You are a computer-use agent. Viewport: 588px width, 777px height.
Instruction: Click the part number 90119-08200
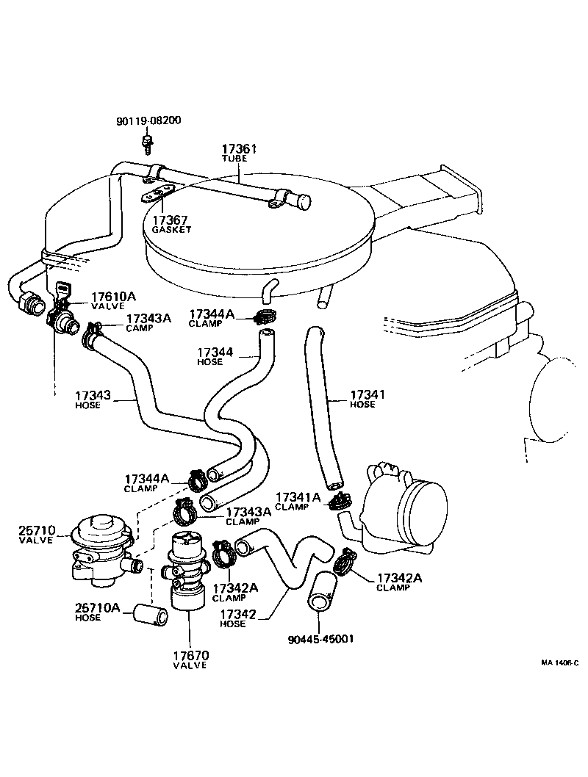(x=148, y=120)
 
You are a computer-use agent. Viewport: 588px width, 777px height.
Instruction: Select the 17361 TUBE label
(x=240, y=153)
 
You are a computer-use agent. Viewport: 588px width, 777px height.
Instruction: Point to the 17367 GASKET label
(x=171, y=224)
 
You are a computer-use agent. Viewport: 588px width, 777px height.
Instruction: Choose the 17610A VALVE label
(x=113, y=301)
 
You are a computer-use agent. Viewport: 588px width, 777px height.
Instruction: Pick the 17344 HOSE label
(x=215, y=356)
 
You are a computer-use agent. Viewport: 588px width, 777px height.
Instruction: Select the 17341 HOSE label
(x=367, y=399)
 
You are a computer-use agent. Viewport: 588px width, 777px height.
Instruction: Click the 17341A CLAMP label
(x=298, y=501)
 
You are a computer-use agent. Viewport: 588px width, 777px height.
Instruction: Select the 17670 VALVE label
(x=190, y=659)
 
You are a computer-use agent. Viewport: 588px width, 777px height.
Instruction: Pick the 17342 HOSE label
(x=237, y=618)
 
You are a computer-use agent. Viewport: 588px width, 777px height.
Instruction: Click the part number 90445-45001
(x=320, y=638)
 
